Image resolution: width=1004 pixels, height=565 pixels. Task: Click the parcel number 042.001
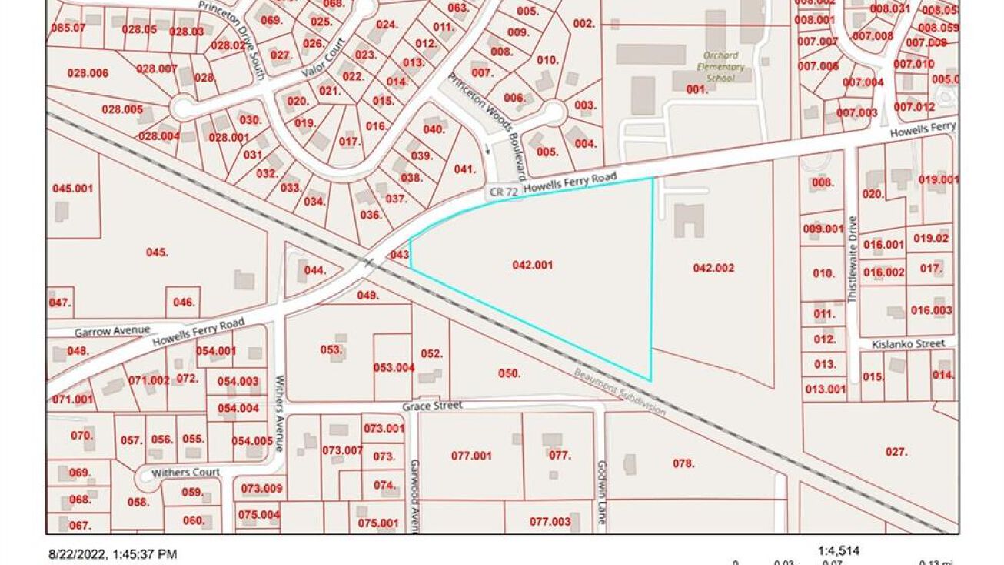[532, 265]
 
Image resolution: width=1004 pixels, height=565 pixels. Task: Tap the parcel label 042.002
[713, 268]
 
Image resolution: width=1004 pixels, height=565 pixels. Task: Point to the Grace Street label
[433, 405]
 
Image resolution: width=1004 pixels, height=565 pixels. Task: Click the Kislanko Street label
[909, 344]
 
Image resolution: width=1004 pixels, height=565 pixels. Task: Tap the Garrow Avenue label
[112, 331]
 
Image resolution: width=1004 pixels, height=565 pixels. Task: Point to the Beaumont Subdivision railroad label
[620, 393]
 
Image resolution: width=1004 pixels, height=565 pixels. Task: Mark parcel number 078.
[683, 463]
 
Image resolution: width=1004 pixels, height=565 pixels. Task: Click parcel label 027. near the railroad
[896, 452]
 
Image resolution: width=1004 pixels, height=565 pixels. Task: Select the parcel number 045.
[157, 252]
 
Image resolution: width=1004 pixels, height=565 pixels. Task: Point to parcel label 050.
[509, 373]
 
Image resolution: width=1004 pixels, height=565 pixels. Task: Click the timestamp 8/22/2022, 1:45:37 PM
[113, 553]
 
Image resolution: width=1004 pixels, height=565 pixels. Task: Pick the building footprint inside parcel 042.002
[689, 220]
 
